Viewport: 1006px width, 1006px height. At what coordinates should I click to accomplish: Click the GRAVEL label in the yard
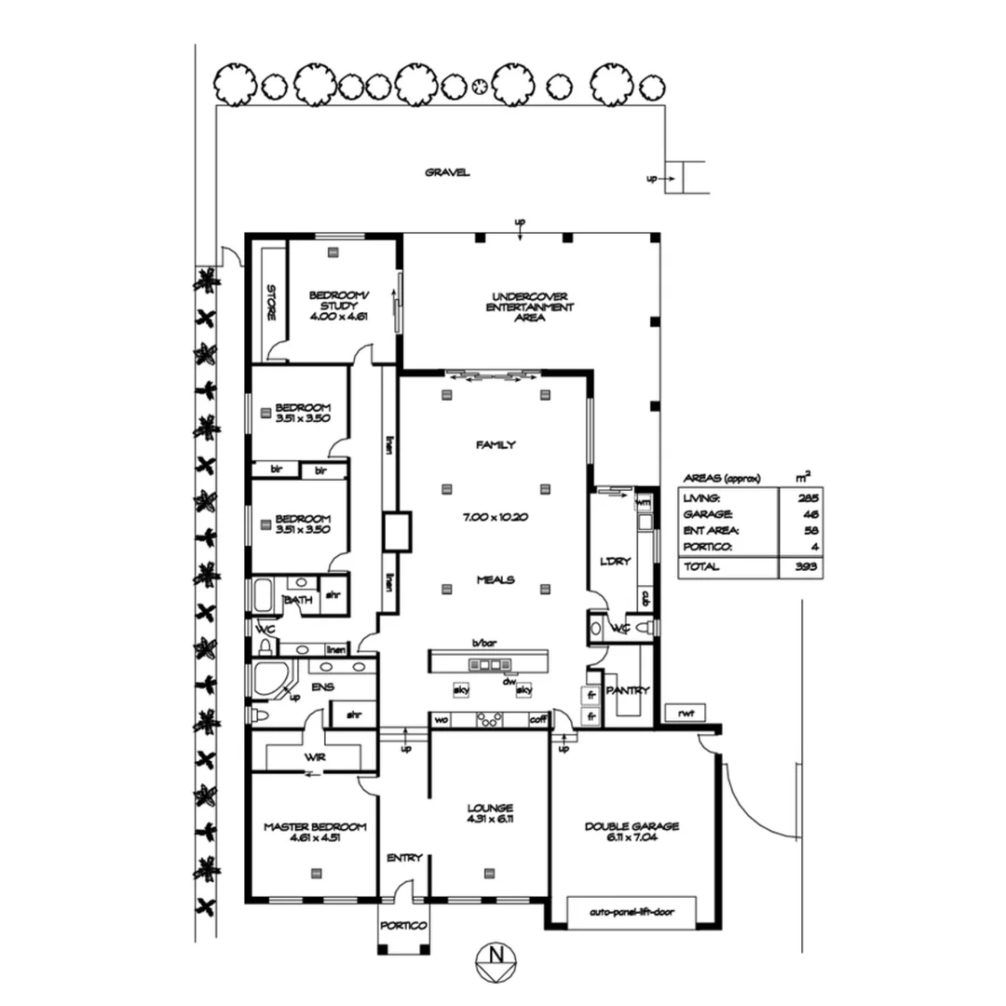coord(447,172)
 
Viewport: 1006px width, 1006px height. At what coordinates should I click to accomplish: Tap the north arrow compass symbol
coord(496,958)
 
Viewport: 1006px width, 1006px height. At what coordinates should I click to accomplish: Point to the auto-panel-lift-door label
coord(631,913)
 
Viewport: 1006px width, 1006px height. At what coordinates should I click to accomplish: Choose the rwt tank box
coord(687,714)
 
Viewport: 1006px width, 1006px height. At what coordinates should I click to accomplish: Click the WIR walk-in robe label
coord(313,757)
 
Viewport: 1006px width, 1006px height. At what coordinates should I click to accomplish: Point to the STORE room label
coord(271,303)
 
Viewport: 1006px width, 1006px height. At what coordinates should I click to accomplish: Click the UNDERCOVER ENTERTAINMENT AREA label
coord(529,307)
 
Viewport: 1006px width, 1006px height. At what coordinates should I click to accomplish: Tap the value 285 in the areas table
coord(807,498)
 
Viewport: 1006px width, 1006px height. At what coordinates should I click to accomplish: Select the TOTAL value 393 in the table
coord(807,566)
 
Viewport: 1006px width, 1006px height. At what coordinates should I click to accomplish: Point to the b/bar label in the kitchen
coord(483,643)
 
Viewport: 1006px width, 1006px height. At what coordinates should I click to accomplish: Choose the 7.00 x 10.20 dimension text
coord(496,517)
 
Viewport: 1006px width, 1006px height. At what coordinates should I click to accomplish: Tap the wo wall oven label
coord(441,719)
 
